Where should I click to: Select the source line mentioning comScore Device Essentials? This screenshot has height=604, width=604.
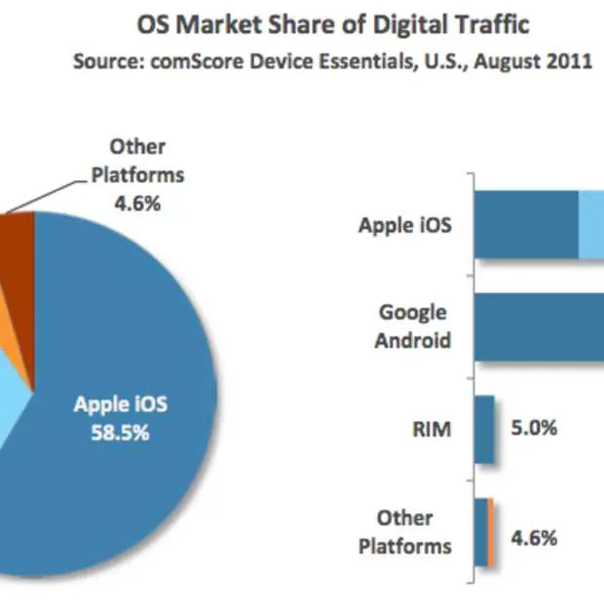(x=333, y=61)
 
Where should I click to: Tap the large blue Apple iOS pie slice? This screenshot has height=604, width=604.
(x=117, y=487)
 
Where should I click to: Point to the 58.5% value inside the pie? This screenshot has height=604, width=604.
(x=122, y=434)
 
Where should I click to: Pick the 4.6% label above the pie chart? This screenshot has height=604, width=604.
(x=136, y=206)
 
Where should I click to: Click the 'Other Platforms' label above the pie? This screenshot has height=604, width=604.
(x=136, y=162)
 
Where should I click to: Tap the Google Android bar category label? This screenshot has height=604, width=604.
(x=413, y=326)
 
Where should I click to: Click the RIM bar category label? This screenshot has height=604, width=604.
(x=432, y=429)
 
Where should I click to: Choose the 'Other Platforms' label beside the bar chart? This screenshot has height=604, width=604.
(x=405, y=531)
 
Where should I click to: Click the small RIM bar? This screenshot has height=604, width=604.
(x=485, y=429)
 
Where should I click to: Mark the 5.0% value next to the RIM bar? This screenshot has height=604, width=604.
(x=534, y=429)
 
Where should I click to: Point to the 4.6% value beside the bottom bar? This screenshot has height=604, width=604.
(x=534, y=537)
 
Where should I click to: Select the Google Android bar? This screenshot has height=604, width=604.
(x=541, y=326)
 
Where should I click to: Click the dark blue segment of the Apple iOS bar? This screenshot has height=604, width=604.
(x=526, y=225)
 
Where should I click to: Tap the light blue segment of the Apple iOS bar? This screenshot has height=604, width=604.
(x=591, y=225)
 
